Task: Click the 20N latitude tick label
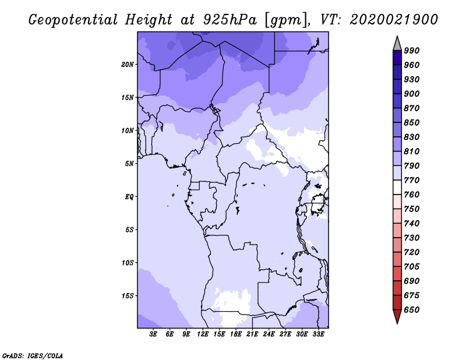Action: click(128, 65)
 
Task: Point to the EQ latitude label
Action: click(129, 197)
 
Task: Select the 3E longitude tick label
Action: click(153, 334)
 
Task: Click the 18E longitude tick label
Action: click(236, 334)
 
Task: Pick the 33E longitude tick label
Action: click(318, 334)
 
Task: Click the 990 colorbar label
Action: click(412, 51)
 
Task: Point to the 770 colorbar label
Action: click(412, 180)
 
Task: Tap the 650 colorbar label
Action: click(412, 310)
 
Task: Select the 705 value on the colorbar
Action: click(412, 266)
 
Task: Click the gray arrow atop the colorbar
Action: click(397, 44)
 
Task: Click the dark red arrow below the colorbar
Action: click(397, 316)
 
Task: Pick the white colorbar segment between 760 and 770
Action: click(397, 188)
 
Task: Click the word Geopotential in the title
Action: click(73, 20)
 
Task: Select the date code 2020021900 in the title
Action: click(394, 20)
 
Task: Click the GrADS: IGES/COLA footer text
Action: click(33, 356)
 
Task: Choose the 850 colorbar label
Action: click(412, 122)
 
